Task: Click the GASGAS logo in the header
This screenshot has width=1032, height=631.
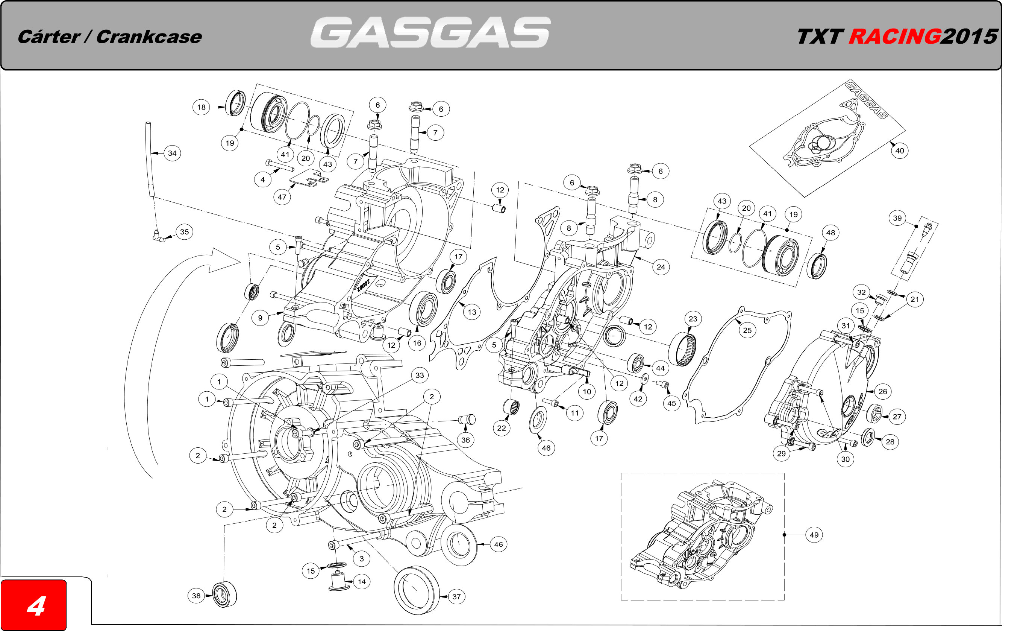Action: click(430, 33)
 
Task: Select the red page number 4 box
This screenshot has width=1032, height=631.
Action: click(34, 605)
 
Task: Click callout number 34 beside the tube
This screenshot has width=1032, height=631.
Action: click(172, 154)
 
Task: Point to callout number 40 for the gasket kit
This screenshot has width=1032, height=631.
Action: click(899, 151)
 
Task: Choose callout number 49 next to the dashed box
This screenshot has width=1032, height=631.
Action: click(814, 535)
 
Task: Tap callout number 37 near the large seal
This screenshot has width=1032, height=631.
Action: click(456, 597)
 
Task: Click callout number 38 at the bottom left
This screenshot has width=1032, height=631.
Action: click(196, 595)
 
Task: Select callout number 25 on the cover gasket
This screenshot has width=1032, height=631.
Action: click(747, 330)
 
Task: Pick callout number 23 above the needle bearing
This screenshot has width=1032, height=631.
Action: click(693, 319)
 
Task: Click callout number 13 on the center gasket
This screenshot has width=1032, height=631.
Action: click(471, 312)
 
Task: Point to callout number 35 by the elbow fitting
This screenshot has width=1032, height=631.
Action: click(184, 232)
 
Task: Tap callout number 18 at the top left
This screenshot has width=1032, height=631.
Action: click(201, 107)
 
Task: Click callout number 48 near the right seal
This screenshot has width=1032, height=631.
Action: click(830, 233)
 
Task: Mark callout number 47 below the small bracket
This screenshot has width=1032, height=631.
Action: click(282, 197)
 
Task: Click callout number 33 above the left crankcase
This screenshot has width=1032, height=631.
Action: click(420, 376)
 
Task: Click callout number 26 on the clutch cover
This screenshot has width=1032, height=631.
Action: click(882, 392)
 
